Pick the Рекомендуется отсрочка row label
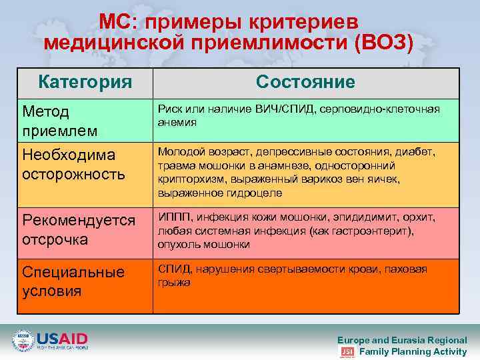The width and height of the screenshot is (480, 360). click(x=79, y=230)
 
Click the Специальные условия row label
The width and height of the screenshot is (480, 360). click(x=73, y=281)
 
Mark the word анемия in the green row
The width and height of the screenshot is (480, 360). click(x=177, y=123)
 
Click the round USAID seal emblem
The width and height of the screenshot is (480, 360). click(x=23, y=341)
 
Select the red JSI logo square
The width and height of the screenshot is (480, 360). click(x=347, y=351)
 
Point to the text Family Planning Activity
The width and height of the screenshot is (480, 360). click(x=413, y=351)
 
